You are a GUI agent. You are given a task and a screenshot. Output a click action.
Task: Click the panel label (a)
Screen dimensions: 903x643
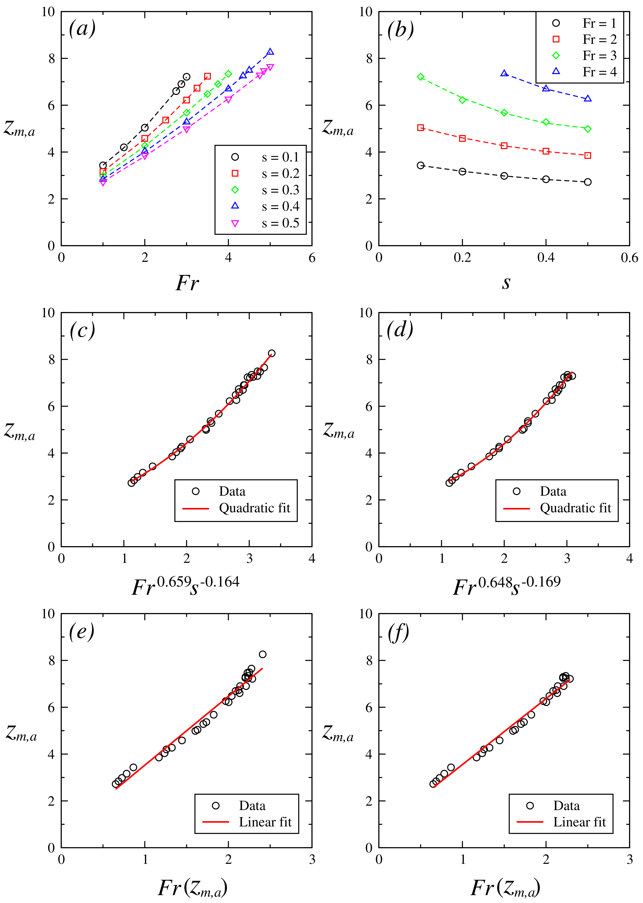click(x=82, y=29)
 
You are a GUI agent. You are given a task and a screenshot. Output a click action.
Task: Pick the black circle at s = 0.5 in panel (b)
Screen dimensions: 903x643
click(x=588, y=182)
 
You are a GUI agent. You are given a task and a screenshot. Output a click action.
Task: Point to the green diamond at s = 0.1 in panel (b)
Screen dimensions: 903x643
click(x=420, y=77)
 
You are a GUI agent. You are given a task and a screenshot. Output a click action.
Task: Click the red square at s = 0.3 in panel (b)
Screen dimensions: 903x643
click(x=504, y=146)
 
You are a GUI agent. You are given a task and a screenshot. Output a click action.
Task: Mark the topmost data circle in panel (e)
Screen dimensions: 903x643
click(x=262, y=654)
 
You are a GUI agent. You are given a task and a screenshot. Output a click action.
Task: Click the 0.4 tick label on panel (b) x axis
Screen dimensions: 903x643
click(x=546, y=258)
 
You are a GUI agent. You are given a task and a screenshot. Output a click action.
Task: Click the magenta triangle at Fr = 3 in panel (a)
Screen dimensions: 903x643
click(x=186, y=129)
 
